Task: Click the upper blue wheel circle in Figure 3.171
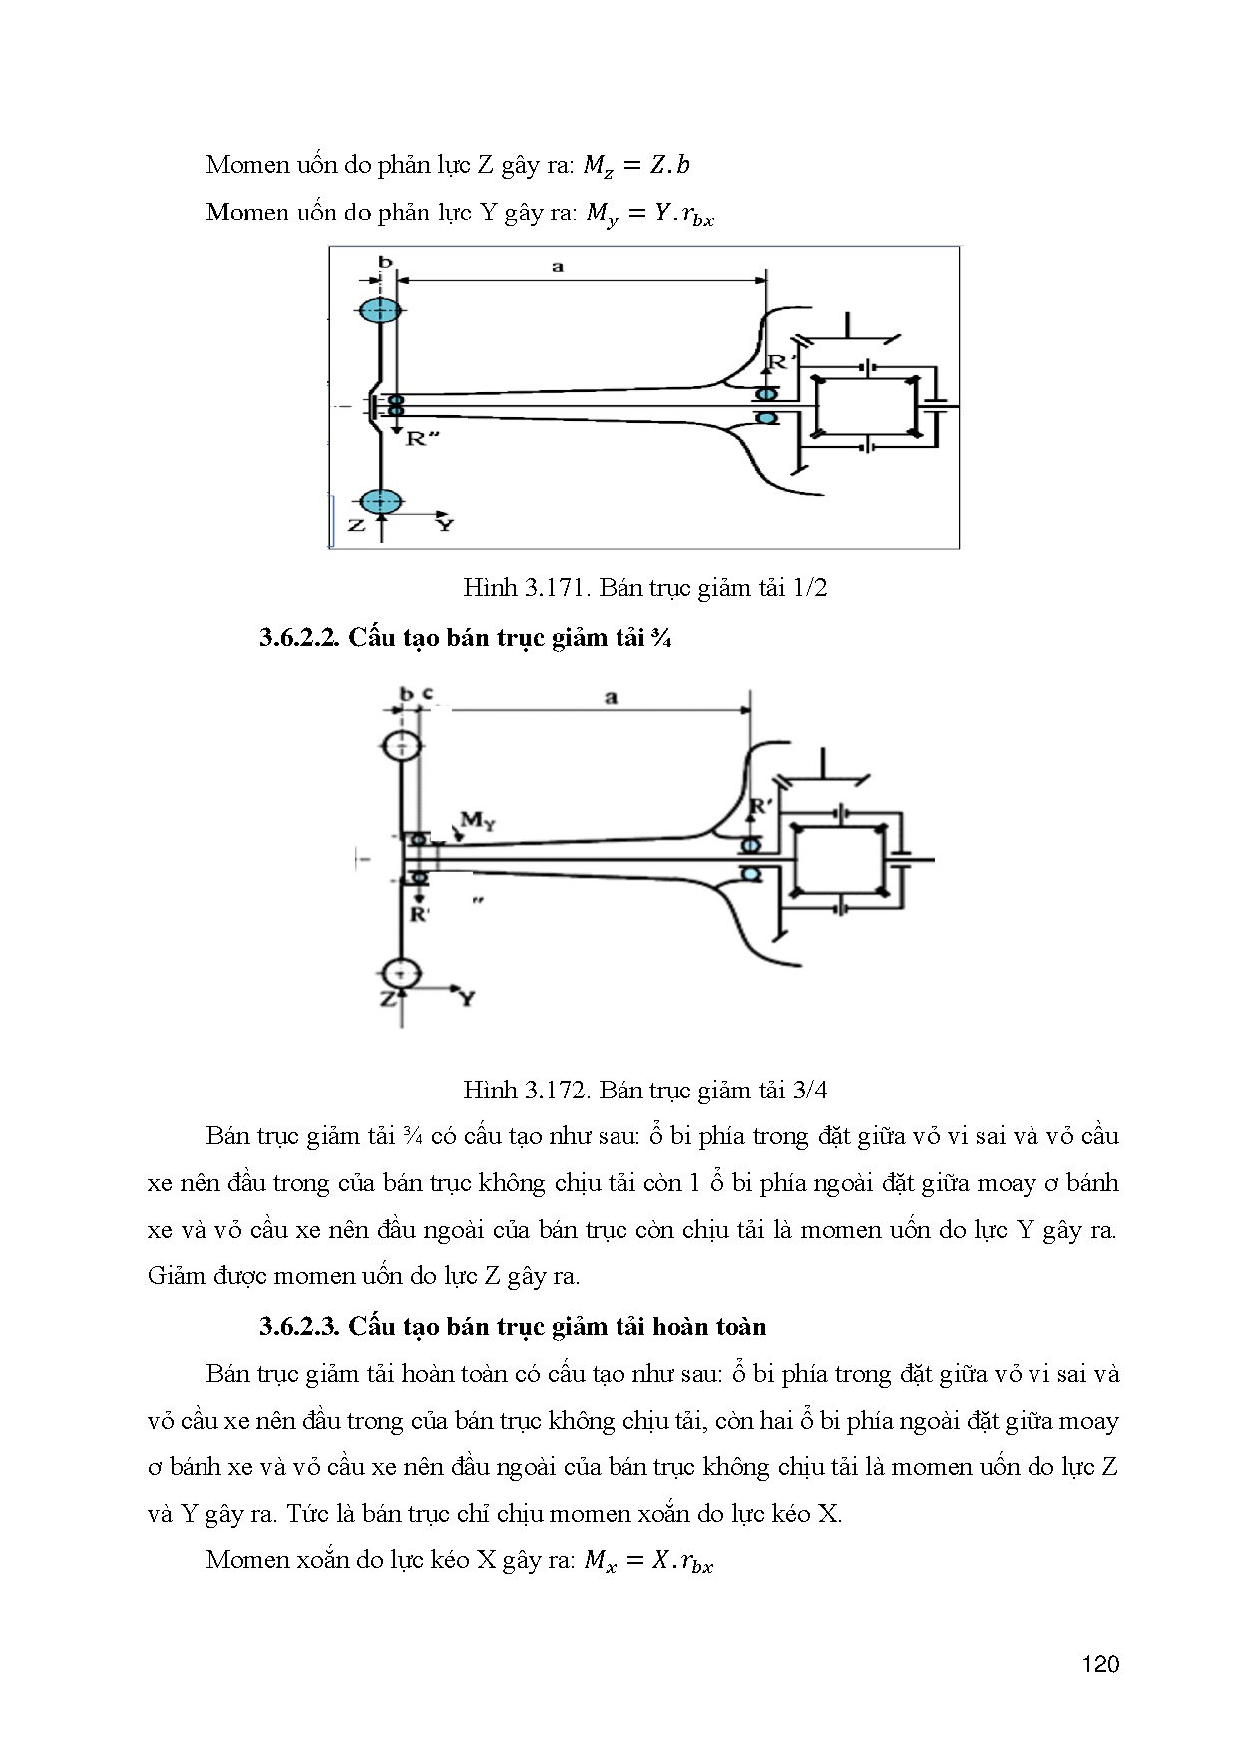pos(379,310)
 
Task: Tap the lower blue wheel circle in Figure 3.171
pos(379,501)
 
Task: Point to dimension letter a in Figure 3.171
pos(558,266)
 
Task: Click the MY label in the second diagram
pos(478,821)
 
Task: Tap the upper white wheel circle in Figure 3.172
pos(401,746)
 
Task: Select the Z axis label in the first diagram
pos(356,524)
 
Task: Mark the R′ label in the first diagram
pos(777,364)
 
